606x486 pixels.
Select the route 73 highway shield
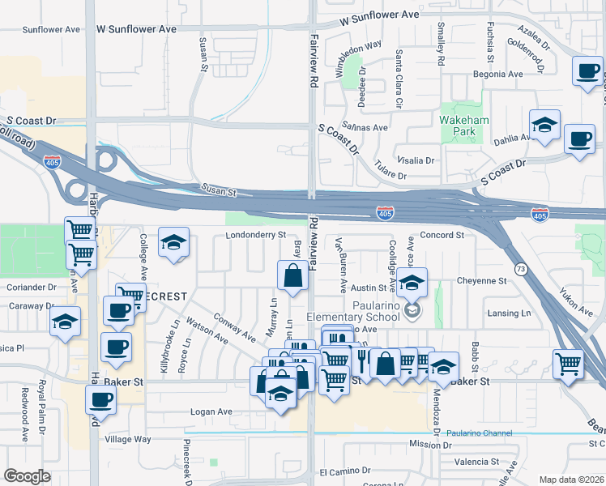coord(519,267)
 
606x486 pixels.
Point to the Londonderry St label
coord(258,235)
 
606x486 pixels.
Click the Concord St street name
coord(442,235)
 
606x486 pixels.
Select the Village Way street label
coord(128,439)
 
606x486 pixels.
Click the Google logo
coord(27,476)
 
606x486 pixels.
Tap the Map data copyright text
coord(571,480)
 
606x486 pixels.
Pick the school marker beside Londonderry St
coord(173,242)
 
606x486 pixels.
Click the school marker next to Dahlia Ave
coord(545,126)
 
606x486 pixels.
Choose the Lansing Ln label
coord(509,313)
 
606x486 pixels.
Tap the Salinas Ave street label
coord(364,127)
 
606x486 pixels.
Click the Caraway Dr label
coord(25,306)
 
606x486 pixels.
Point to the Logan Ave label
coord(211,412)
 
